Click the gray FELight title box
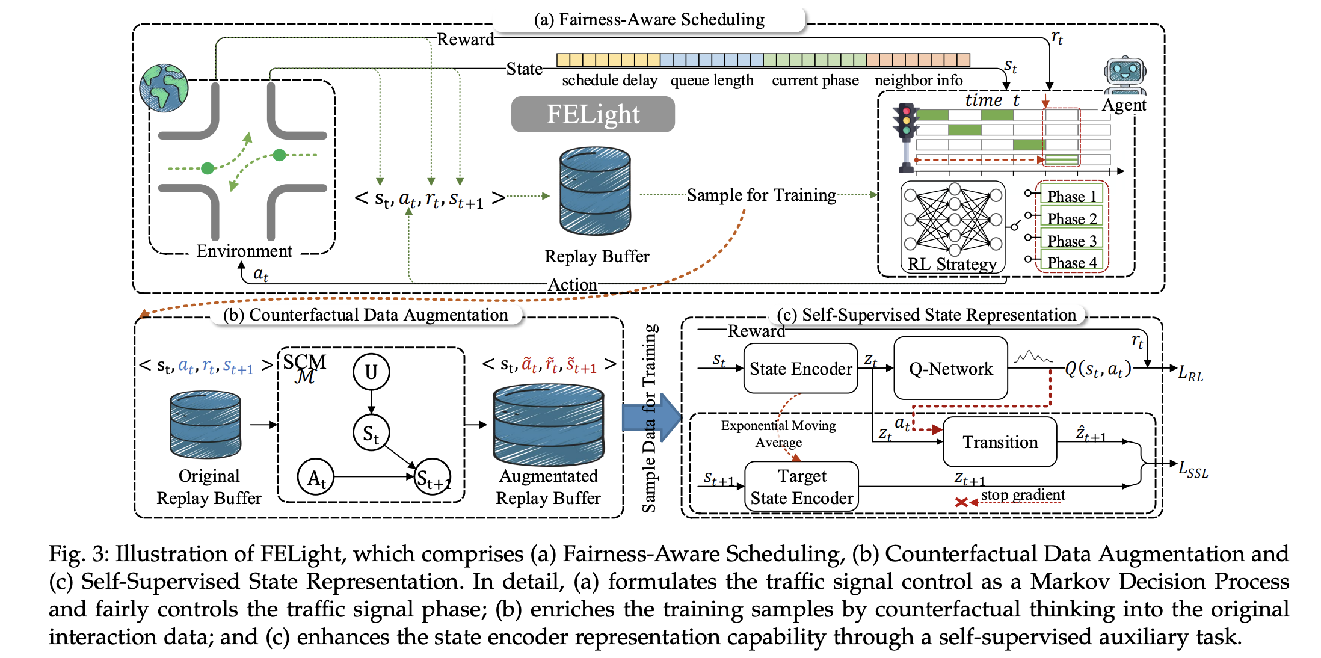[x=593, y=114]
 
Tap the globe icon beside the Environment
[x=164, y=88]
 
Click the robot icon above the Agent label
[x=1124, y=75]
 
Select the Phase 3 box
[x=1071, y=241]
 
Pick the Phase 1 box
[x=1071, y=196]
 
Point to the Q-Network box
[x=950, y=369]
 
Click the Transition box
[x=1000, y=442]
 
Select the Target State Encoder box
[x=801, y=487]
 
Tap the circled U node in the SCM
[x=371, y=372]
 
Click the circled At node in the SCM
[x=316, y=478]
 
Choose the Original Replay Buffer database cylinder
[x=206, y=425]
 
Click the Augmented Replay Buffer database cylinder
[x=548, y=425]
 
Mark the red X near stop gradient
[x=961, y=502]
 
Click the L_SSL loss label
[x=1193, y=469]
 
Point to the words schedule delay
[x=609, y=80]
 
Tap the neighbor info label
[x=919, y=80]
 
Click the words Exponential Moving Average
[x=778, y=434]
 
